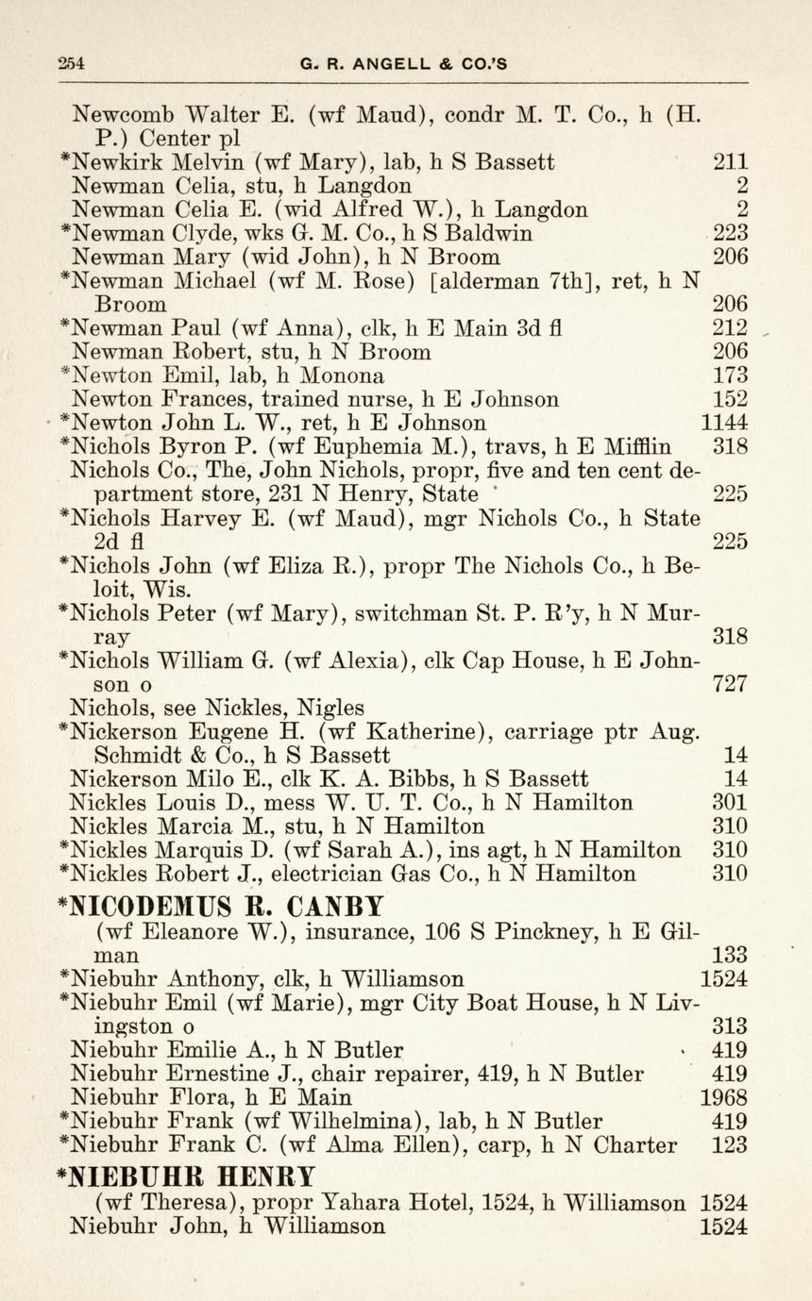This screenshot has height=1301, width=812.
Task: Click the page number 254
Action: (x=71, y=64)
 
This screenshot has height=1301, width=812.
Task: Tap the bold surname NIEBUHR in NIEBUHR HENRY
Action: (x=137, y=1176)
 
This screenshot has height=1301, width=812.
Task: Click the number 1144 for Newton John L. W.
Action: (x=724, y=423)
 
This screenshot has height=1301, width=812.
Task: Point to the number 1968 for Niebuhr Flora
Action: (x=724, y=1097)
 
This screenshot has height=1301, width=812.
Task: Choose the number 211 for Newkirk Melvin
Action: (x=730, y=161)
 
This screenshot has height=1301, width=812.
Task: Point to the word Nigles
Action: (x=331, y=707)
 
